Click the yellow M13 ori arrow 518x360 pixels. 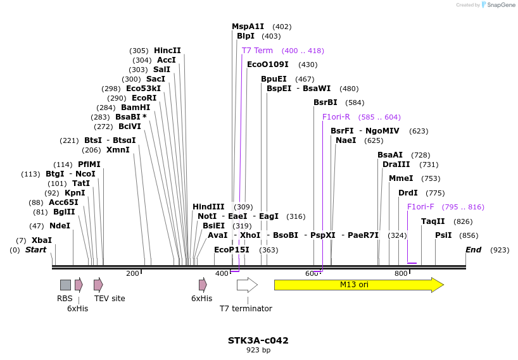point(358,285)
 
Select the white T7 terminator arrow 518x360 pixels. point(246,285)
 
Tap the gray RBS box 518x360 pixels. point(65,285)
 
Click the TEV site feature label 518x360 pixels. point(110,298)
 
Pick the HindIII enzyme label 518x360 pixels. point(208,207)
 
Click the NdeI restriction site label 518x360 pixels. point(60,225)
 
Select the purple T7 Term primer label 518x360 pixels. point(257,51)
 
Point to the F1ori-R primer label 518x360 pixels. point(336,117)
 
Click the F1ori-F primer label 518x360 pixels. point(420,207)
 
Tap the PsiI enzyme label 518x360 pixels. point(443,235)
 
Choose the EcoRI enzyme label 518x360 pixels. point(141,98)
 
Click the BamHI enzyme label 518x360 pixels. point(136,108)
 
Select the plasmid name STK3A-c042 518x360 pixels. point(258,340)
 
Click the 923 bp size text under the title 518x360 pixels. point(258,350)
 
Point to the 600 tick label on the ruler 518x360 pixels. point(312,273)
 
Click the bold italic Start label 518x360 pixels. point(35,250)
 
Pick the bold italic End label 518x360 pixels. point(473,250)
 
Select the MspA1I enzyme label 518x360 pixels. point(248,27)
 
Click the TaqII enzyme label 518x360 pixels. point(433,221)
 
